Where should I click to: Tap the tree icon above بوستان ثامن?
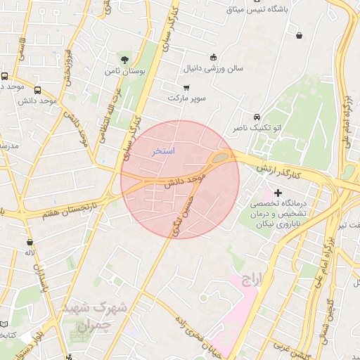tap(125, 59)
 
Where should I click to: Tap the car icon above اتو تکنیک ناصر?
tap(257, 116)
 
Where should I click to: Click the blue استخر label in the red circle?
tap(163, 151)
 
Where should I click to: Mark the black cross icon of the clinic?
tap(278, 193)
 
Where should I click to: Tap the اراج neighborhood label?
tap(250, 281)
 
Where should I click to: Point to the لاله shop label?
tap(30, 252)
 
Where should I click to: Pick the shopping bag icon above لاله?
tap(30, 241)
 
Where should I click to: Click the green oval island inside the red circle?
tap(220, 157)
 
